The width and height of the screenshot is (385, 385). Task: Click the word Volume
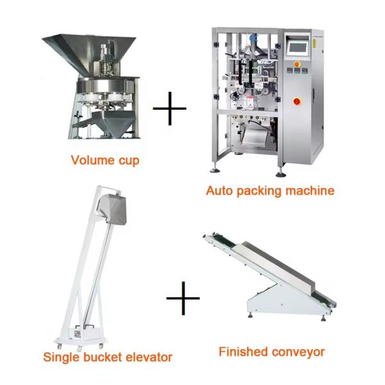coord(92,160)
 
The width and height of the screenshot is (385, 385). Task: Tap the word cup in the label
coord(129,161)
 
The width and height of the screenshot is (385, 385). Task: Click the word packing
coord(259,191)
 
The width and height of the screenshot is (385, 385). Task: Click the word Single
coord(62,357)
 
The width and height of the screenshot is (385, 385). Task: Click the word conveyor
coord(298,353)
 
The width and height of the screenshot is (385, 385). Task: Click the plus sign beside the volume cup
coord(169,108)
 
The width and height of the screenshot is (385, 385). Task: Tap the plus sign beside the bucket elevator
coord(183,298)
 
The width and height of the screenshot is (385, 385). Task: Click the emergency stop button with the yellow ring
coord(297,64)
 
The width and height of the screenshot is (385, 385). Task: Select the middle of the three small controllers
coord(297,71)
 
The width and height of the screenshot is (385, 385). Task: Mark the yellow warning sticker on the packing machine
coord(314,43)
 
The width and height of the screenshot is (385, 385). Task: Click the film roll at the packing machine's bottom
coord(255,137)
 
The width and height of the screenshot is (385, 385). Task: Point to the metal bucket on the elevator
coord(112,209)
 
